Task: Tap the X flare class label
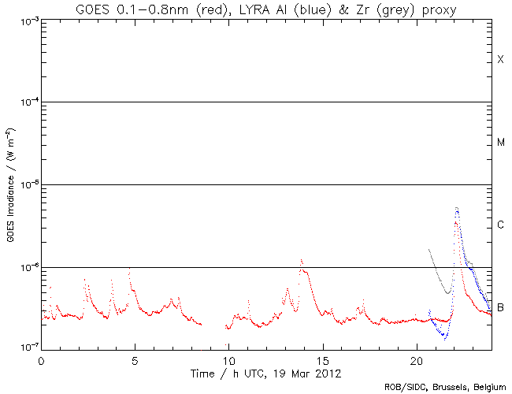[x=500, y=60]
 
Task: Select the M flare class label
[x=500, y=143]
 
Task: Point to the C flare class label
[x=500, y=225]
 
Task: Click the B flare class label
[x=500, y=307]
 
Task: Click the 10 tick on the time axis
[x=228, y=359]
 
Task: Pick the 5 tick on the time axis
[x=135, y=359]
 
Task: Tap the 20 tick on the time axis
[x=417, y=359]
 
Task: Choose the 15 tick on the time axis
[x=323, y=359]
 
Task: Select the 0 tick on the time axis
[x=41, y=359]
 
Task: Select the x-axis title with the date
[x=265, y=372]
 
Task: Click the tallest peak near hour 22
[x=457, y=208]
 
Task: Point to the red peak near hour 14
[x=301, y=260]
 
